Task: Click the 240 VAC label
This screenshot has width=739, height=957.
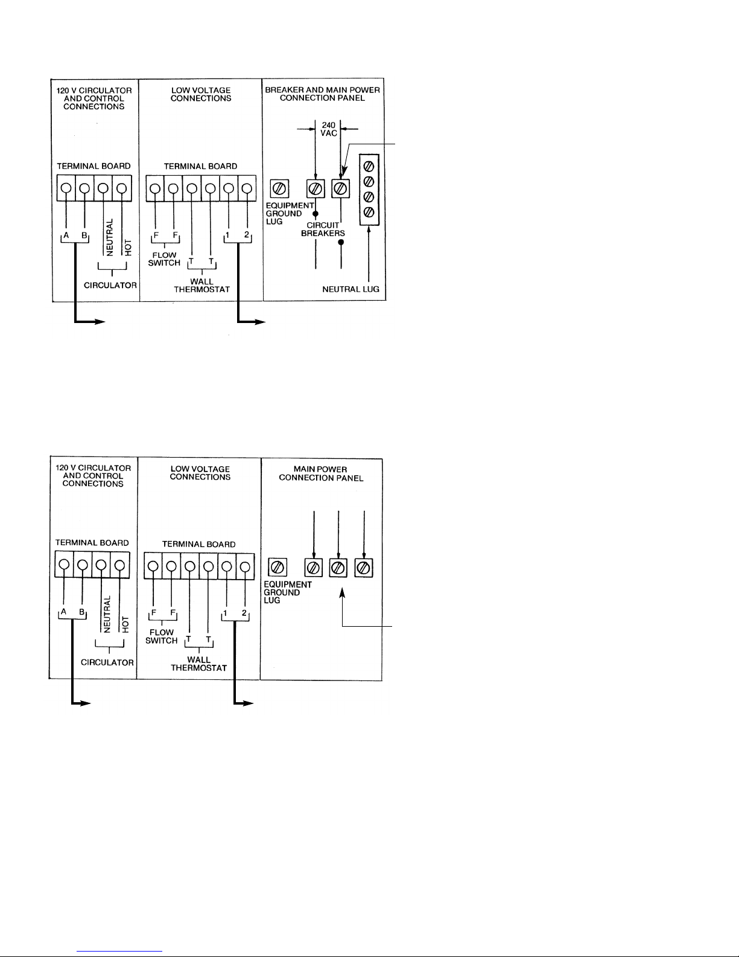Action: coord(329,129)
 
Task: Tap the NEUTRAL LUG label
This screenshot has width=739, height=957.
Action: coord(350,289)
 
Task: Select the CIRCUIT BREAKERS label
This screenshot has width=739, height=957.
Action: coord(323,229)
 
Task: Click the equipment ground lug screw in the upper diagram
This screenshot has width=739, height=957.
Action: coord(279,188)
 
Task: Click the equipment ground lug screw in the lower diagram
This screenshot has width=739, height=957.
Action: coord(278,567)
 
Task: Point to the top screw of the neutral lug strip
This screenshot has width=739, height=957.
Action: coord(369,167)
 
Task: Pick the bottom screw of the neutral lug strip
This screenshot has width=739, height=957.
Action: coord(369,213)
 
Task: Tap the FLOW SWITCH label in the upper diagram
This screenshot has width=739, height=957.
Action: coord(164,259)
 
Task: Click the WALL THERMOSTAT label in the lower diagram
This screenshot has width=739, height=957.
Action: coord(199,664)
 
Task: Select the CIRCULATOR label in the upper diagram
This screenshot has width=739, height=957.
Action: coord(110,286)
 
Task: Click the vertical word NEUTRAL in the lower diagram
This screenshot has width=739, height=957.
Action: coord(107,615)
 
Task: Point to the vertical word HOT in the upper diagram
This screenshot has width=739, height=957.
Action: coord(128,248)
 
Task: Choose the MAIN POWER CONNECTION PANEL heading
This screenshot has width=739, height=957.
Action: coord(321,473)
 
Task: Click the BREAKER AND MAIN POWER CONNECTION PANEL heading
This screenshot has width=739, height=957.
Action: coord(322,94)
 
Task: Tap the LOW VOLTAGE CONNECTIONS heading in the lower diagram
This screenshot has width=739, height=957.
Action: coord(200,473)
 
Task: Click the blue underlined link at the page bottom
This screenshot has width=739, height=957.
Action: coord(119,951)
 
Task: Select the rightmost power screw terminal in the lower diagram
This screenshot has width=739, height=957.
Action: coord(364,568)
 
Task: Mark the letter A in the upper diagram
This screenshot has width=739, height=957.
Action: coord(66,235)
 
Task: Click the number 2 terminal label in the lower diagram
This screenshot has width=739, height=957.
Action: coord(244,613)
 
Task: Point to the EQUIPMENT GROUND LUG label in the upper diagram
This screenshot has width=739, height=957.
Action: coord(290,214)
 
